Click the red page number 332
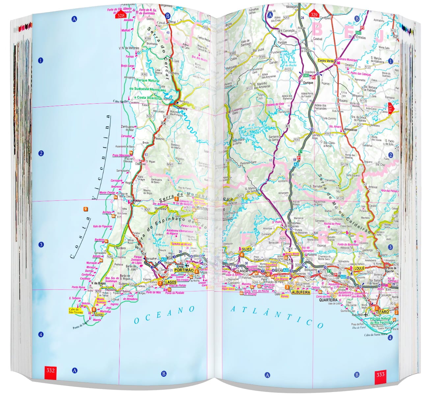(x=50, y=371)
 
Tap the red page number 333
(x=380, y=374)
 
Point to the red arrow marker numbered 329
(x=314, y=14)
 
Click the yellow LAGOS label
(x=171, y=282)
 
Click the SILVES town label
(x=247, y=249)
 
